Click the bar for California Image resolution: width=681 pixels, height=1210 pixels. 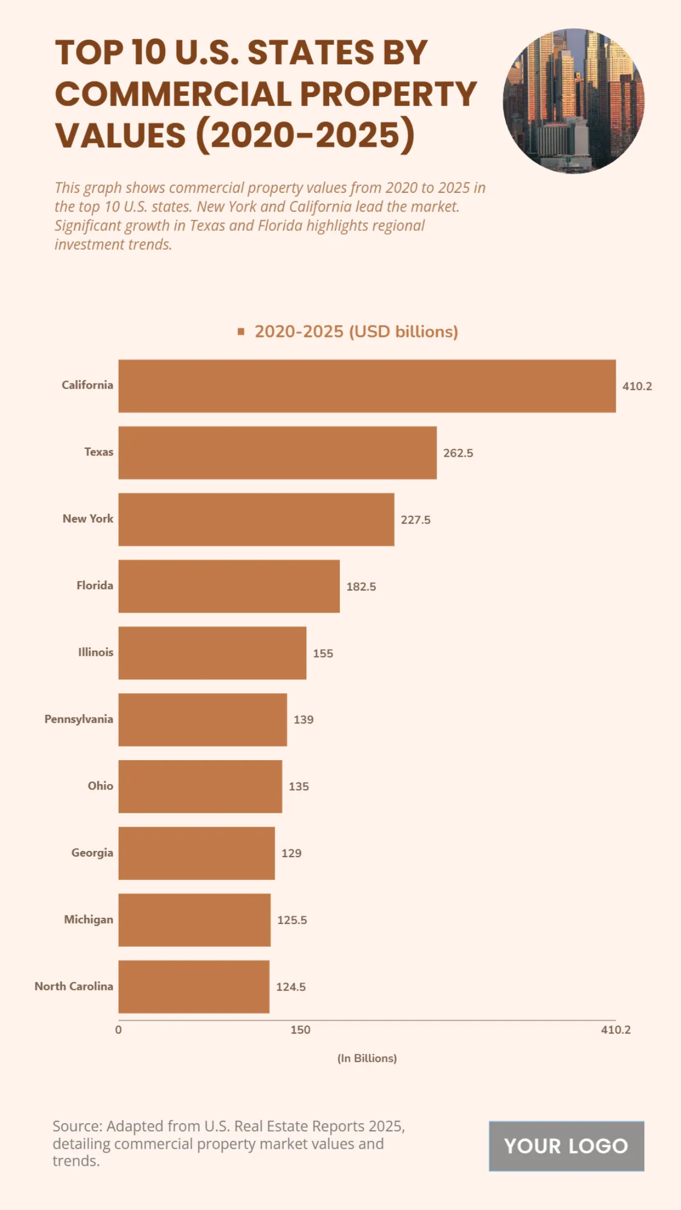(367, 386)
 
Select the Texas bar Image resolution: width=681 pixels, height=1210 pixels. (278, 453)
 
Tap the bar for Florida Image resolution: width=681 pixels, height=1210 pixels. (229, 586)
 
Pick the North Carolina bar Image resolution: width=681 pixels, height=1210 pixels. (194, 986)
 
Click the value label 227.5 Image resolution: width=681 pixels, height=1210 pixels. (415, 520)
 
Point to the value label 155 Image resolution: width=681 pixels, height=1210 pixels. (323, 654)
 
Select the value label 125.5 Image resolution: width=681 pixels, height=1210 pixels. (292, 920)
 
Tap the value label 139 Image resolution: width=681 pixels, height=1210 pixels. (303, 720)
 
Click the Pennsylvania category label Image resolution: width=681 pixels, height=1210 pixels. (79, 719)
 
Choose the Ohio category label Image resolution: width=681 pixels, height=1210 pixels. (100, 786)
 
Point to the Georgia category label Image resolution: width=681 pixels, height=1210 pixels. (92, 853)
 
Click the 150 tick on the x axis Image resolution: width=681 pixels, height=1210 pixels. (300, 1030)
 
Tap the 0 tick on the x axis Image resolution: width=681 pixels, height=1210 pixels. (118, 1030)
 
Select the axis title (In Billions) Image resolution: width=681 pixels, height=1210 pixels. (367, 1058)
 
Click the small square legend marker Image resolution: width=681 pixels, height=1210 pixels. (241, 332)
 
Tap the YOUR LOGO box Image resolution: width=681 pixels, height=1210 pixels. (566, 1146)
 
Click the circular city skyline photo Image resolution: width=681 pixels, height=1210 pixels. (573, 101)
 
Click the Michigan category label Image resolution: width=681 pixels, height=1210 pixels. (89, 920)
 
